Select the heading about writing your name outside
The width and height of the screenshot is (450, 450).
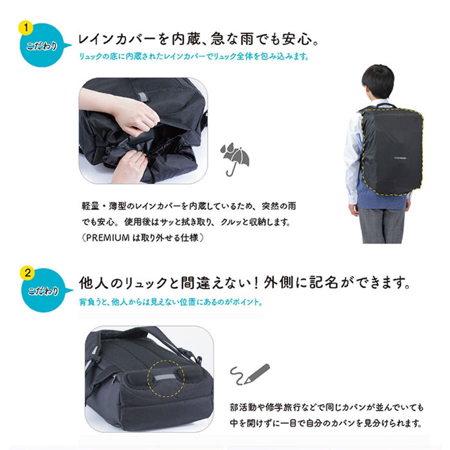pos(245,284)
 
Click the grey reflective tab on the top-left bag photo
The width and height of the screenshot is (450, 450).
pos(144,94)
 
